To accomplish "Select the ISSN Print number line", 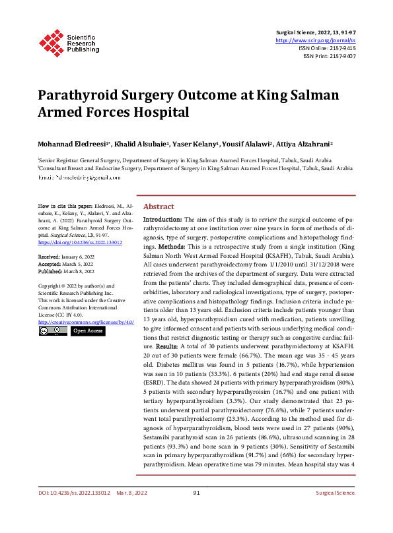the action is tap(330, 56).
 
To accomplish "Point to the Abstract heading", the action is tap(159, 206).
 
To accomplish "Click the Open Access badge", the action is tap(88, 330).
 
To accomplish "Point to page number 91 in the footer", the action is tap(196, 511).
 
